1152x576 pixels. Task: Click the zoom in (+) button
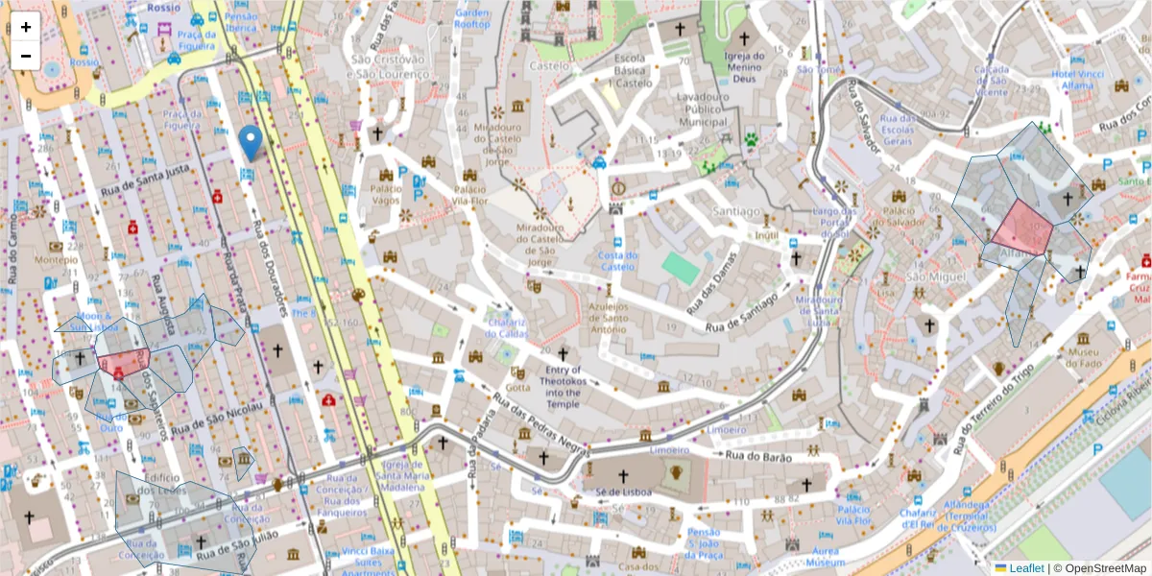(x=26, y=27)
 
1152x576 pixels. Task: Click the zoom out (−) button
(x=26, y=56)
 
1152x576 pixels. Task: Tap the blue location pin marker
(x=251, y=142)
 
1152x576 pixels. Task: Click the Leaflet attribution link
(x=1026, y=568)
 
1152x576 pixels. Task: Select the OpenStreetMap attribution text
(x=1100, y=568)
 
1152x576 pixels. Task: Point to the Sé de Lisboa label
(x=623, y=492)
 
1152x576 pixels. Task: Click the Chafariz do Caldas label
(x=506, y=327)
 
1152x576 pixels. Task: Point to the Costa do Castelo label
(x=618, y=260)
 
